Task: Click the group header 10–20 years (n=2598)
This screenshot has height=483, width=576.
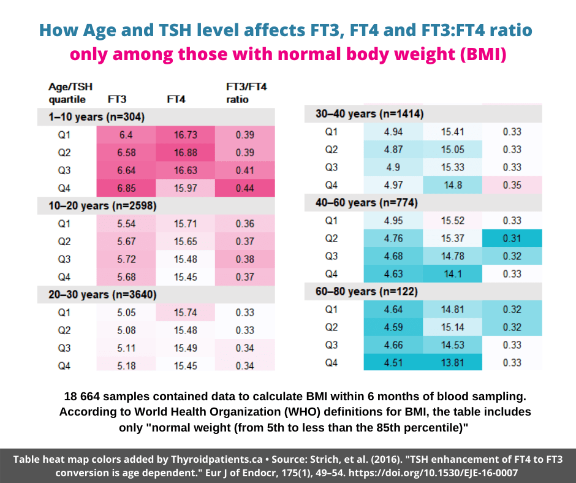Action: [102, 206]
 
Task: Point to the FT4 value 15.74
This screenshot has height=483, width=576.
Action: [185, 313]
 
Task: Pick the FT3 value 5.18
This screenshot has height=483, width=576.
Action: [126, 366]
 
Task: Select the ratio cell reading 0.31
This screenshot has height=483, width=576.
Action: [512, 238]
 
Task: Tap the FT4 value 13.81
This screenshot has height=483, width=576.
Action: [452, 363]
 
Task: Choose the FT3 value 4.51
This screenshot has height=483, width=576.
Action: [393, 363]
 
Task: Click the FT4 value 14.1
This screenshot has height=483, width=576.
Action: [452, 274]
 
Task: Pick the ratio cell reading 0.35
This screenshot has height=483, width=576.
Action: [512, 184]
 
